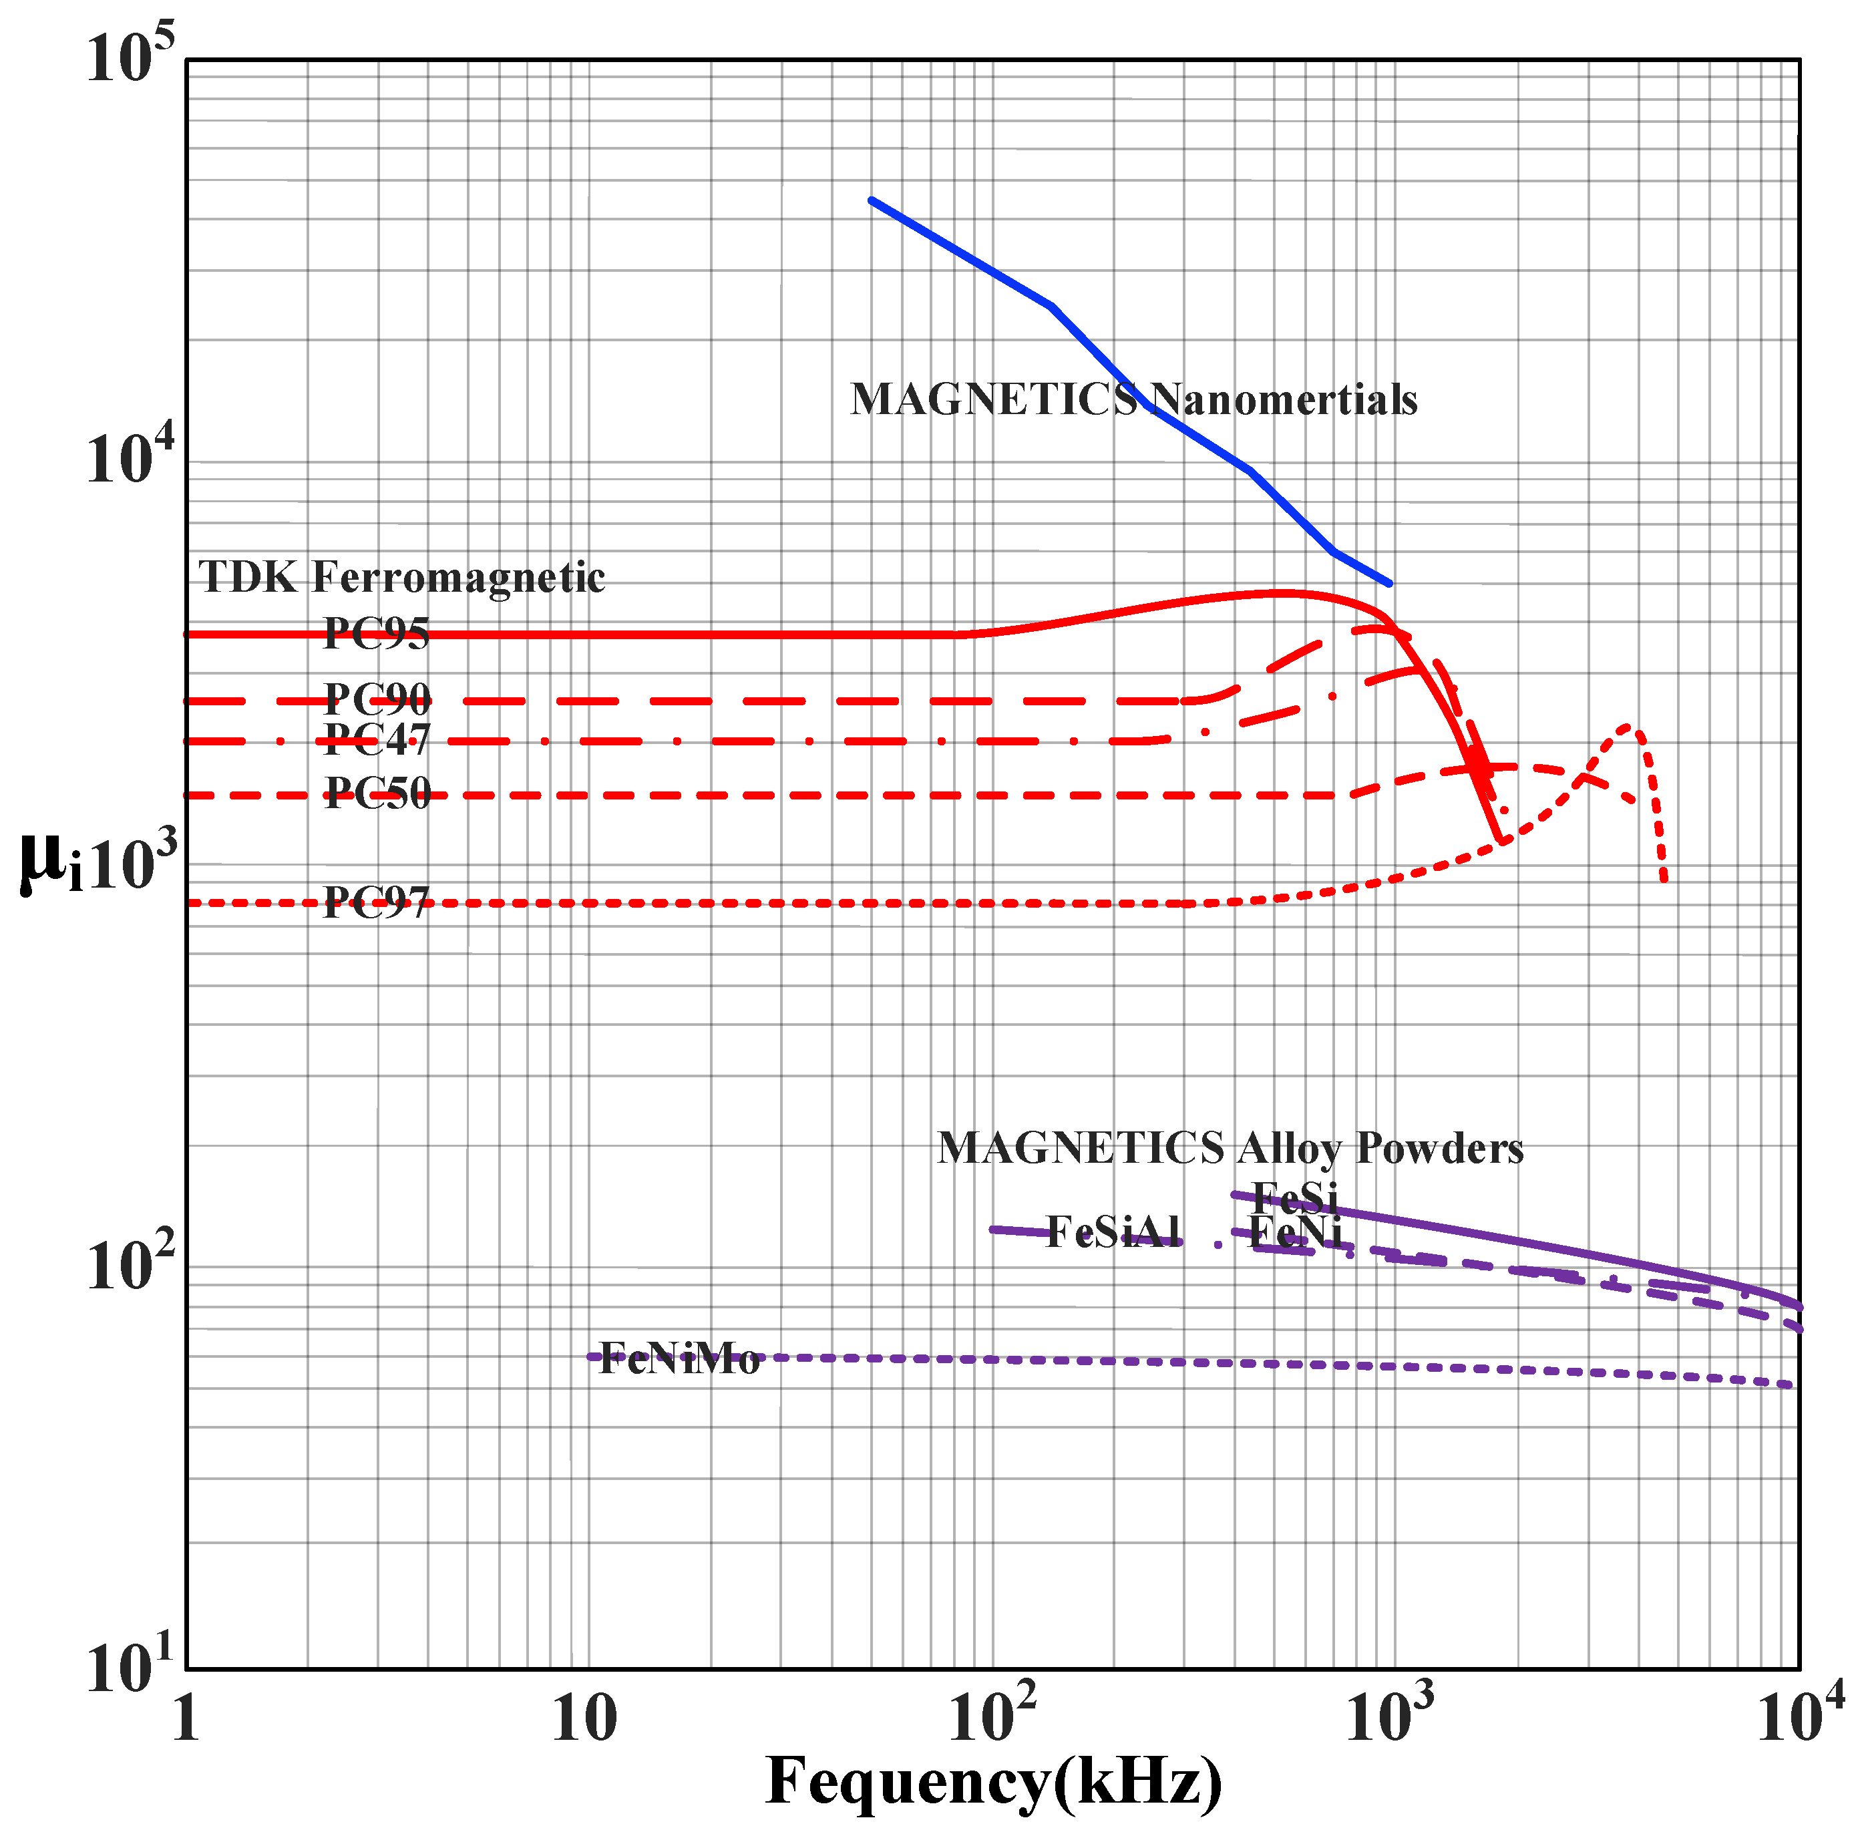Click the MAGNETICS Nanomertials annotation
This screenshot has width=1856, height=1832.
pos(1133,399)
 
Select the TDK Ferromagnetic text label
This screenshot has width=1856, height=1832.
pos(401,577)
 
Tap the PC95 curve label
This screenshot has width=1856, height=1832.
pos(377,633)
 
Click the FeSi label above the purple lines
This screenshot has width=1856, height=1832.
pos(1295,1197)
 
